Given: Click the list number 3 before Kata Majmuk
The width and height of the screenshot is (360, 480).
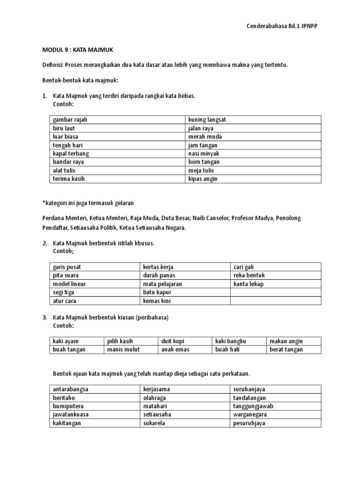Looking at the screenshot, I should [44, 317].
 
